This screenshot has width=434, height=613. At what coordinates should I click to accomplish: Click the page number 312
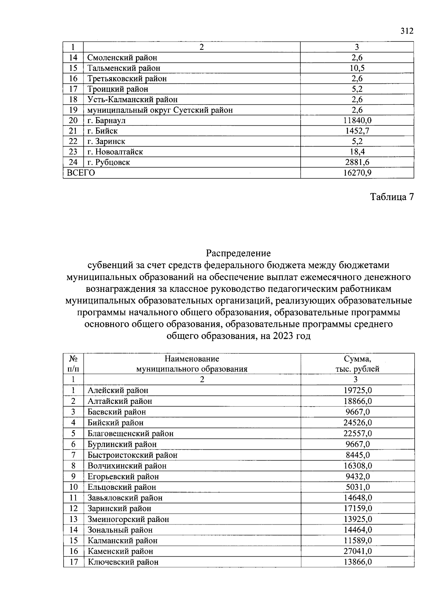pyautogui.click(x=407, y=31)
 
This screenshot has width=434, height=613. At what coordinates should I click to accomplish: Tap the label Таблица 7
pyautogui.click(x=391, y=197)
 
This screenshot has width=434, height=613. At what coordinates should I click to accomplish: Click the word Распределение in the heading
pyautogui.click(x=238, y=253)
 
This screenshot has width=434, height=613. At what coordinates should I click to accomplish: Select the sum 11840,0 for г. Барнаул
pyautogui.click(x=357, y=120)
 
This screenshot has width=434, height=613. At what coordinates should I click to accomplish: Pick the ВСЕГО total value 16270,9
pyautogui.click(x=357, y=173)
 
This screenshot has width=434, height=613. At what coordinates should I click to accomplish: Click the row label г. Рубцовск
pyautogui.click(x=109, y=163)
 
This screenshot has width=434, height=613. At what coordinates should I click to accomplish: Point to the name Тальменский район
pyautogui.click(x=124, y=68)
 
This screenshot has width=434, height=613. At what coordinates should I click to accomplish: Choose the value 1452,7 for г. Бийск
pyautogui.click(x=357, y=131)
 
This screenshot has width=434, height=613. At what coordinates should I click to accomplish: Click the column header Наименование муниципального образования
pyautogui.click(x=192, y=364)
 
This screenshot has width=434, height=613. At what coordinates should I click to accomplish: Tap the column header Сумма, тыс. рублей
pyautogui.click(x=357, y=364)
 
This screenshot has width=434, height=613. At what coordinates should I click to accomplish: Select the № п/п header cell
pyautogui.click(x=73, y=364)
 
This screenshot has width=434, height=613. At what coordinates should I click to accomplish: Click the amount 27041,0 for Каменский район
pyautogui.click(x=357, y=551)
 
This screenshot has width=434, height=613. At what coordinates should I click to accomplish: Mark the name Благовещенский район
pyautogui.click(x=131, y=433)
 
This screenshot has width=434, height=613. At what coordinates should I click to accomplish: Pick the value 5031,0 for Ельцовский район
pyautogui.click(x=357, y=487)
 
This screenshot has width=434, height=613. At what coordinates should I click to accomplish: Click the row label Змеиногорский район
pyautogui.click(x=128, y=519)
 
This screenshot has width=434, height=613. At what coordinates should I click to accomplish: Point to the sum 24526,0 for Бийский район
pyautogui.click(x=357, y=423)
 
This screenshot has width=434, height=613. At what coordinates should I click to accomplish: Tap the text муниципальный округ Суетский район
pyautogui.click(x=160, y=110)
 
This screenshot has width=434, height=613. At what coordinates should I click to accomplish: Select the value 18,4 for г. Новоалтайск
pyautogui.click(x=357, y=152)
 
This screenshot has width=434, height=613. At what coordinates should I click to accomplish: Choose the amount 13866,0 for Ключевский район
pyautogui.click(x=357, y=562)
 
